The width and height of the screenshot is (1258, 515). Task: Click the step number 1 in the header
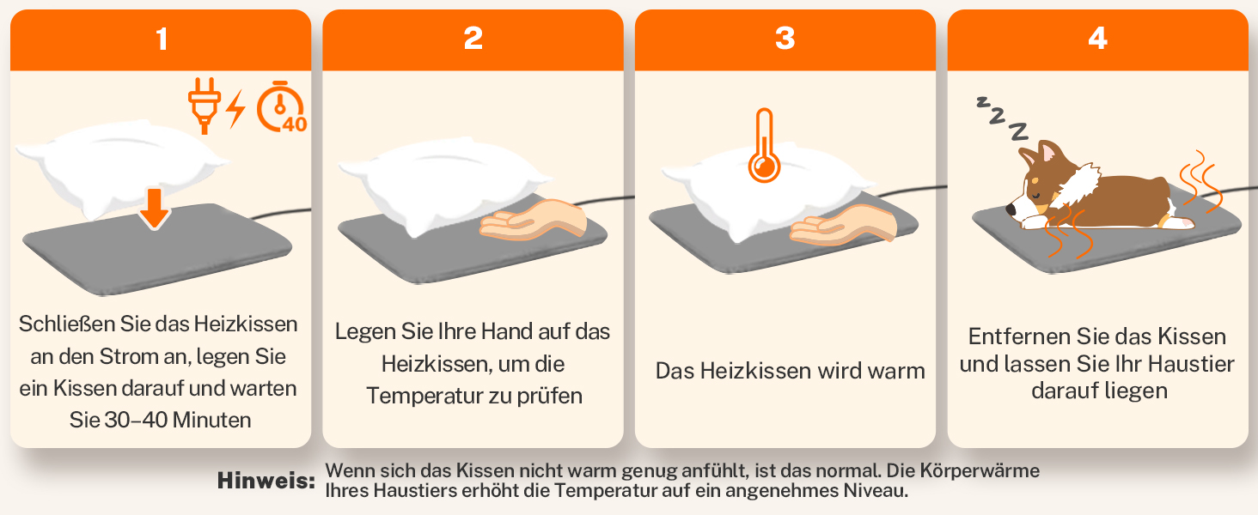tap(162, 39)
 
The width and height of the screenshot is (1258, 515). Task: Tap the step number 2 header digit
tap(473, 39)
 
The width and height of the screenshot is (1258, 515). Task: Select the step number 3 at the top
tap(785, 39)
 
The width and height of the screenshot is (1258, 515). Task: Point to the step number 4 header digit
tap(1098, 39)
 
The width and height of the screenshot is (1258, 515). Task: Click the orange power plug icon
tap(205, 106)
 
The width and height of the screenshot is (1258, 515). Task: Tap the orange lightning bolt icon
tap(235, 109)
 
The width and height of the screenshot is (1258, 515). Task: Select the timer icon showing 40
tap(281, 107)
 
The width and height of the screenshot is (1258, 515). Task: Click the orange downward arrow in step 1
tap(155, 209)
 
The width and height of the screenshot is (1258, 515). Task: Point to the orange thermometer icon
tap(765, 146)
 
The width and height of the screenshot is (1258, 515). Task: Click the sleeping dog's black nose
tap(1011, 210)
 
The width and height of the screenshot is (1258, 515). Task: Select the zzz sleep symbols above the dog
tap(1002, 118)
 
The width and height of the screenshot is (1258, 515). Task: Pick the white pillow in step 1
tap(121, 168)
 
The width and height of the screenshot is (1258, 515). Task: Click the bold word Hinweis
tap(266, 481)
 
